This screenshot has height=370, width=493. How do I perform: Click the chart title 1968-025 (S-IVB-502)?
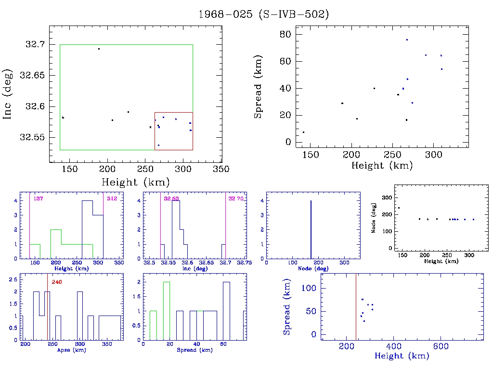[x=264, y=14]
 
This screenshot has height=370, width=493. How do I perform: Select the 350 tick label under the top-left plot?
[x=221, y=169]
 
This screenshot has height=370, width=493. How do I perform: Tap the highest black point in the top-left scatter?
[x=99, y=49]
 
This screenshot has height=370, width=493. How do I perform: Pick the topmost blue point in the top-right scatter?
[x=407, y=40]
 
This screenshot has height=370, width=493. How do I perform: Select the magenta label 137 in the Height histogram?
[x=38, y=198]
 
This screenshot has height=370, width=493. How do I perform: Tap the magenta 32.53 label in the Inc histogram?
[x=171, y=198]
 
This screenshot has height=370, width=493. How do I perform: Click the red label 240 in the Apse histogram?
[x=56, y=282]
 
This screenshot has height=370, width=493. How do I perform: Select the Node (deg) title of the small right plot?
[x=373, y=223]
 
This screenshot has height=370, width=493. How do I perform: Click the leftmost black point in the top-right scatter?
[x=303, y=132]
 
